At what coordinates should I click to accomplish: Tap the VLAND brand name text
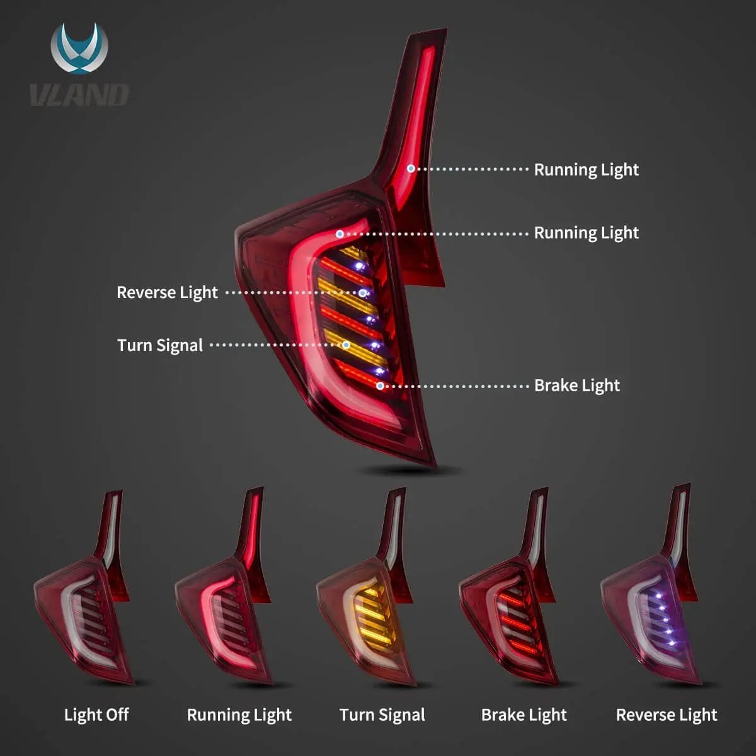click(79, 95)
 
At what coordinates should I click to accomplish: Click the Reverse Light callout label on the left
click(167, 292)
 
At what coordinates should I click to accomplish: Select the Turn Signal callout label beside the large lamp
click(160, 345)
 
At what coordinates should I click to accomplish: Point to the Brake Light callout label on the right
click(576, 386)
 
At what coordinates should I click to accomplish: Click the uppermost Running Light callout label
click(586, 169)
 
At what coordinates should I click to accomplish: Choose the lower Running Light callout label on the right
click(586, 232)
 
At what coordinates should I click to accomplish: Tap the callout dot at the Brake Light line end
click(381, 386)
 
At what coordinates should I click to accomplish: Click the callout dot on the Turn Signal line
click(346, 345)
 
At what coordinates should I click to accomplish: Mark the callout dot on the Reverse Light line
click(363, 293)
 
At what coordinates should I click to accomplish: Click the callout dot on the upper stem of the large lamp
click(411, 169)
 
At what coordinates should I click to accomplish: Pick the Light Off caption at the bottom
click(96, 714)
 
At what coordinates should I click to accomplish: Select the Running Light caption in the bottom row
click(239, 714)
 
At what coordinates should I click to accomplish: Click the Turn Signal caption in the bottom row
click(382, 714)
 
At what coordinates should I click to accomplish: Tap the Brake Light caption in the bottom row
click(524, 714)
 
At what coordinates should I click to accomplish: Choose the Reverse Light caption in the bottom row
click(667, 714)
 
